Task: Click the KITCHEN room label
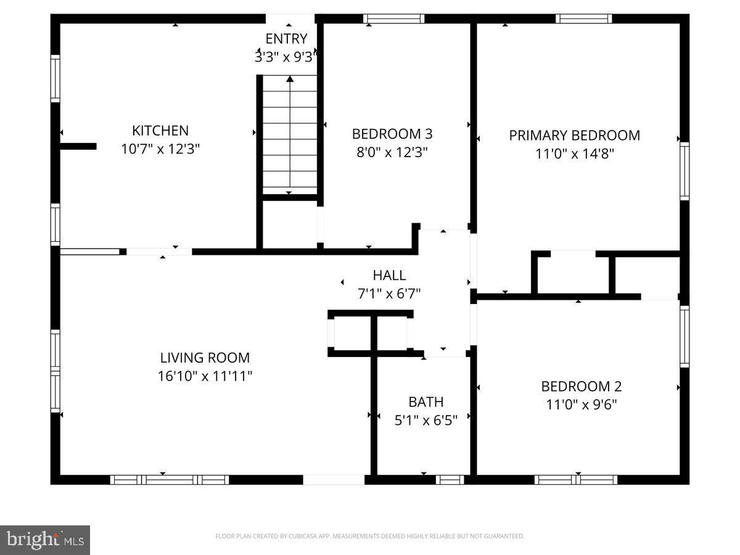[160, 131]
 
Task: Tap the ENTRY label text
[286, 39]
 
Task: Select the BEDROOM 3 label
[392, 134]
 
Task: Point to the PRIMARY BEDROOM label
[575, 135]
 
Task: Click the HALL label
[389, 275]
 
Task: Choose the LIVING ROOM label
[205, 358]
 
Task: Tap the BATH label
[426, 402]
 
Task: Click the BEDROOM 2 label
[582, 387]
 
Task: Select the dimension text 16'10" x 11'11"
[205, 376]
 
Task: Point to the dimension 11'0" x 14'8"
[575, 154]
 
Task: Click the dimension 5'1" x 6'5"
[426, 421]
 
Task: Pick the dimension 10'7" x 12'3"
[160, 149]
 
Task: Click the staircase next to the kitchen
[290, 134]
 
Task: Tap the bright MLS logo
[45, 540]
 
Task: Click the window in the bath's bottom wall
[450, 479]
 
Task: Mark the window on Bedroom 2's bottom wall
[576, 479]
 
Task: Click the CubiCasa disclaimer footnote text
[369, 536]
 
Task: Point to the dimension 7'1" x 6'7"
[389, 294]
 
